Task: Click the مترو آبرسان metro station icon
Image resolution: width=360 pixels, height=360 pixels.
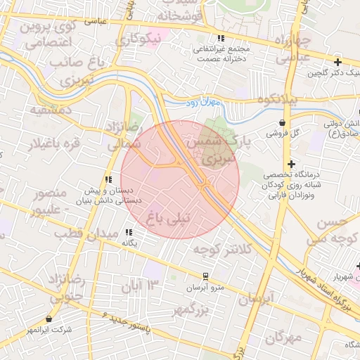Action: pos(205,276)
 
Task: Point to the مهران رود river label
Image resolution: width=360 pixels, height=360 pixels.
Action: pos(203,103)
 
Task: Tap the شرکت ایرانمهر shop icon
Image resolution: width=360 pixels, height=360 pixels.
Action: pos(49,319)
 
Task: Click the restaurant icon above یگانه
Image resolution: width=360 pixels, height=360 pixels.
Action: pos(129,232)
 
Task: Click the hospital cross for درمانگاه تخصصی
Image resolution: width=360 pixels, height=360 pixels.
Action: pos(291,164)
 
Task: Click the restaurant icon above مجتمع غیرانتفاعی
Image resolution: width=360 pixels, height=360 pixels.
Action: pos(221,38)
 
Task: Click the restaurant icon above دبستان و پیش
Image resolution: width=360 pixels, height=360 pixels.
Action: pos(108,179)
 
